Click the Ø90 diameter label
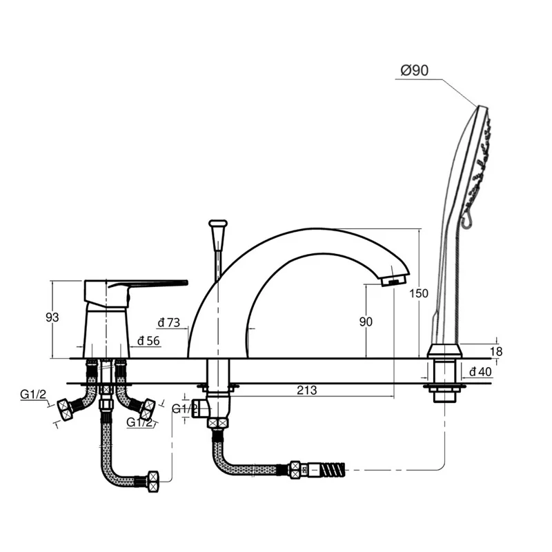pyautogui.click(x=415, y=70)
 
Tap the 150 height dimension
pyautogui.click(x=419, y=293)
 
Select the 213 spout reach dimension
pyautogui.click(x=306, y=390)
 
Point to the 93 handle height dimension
pyautogui.click(x=52, y=317)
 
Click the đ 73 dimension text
pyautogui.click(x=169, y=322)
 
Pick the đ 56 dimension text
pyautogui.click(x=148, y=341)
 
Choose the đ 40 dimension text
pyautogui.click(x=480, y=371)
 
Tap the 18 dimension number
pyautogui.click(x=496, y=351)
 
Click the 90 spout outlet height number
pyautogui.click(x=366, y=322)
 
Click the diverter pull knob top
pyautogui.click(x=218, y=223)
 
